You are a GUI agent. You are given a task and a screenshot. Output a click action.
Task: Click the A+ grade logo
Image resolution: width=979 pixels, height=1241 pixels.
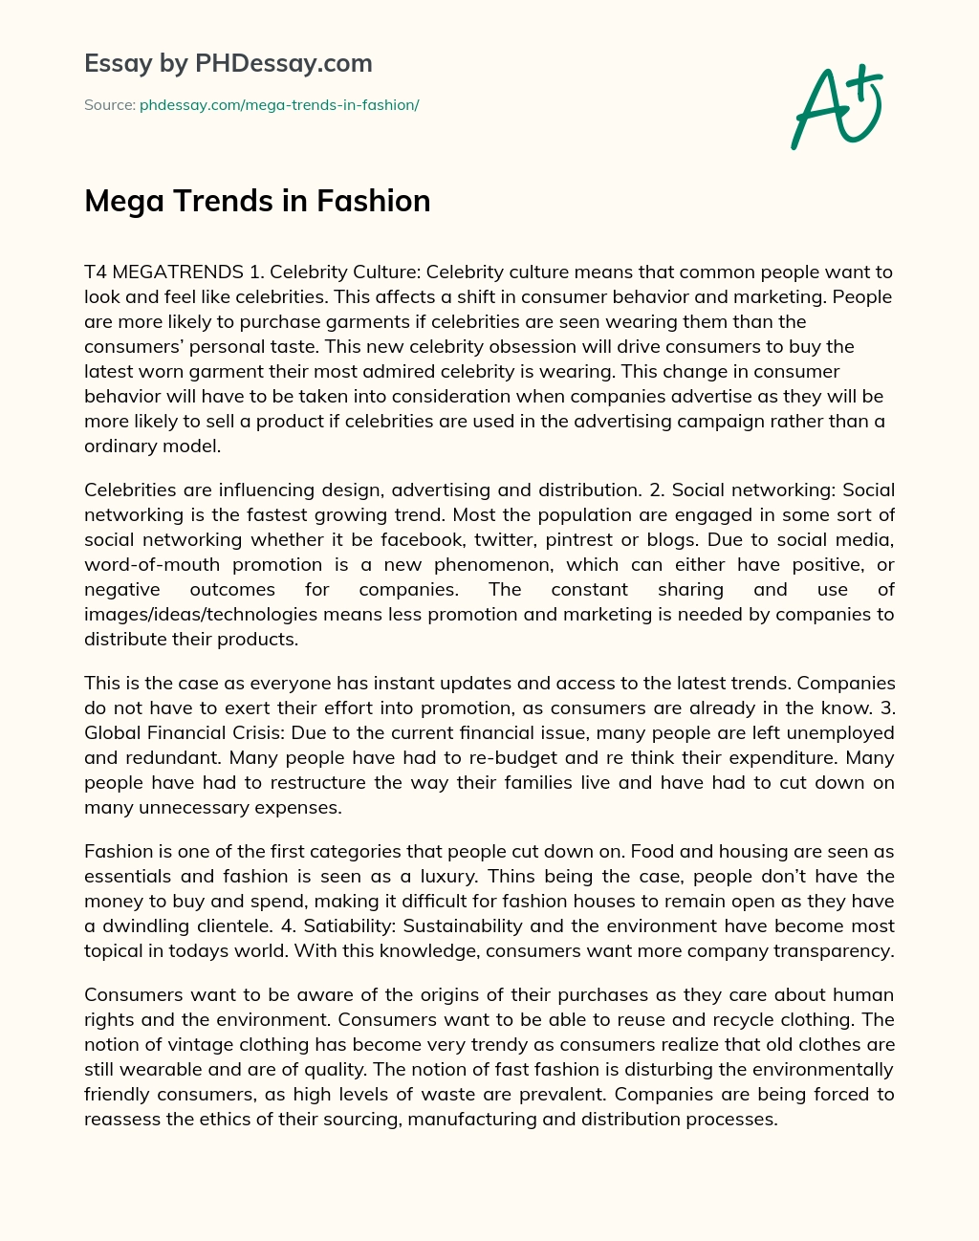coord(835,107)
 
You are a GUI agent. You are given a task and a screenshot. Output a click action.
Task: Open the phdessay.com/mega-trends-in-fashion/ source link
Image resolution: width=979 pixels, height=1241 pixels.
coord(279,105)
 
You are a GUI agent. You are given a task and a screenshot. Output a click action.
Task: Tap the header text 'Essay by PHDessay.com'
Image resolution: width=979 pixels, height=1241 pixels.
coord(228,63)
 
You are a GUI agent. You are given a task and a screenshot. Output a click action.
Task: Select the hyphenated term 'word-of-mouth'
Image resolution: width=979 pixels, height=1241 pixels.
coord(152,564)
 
